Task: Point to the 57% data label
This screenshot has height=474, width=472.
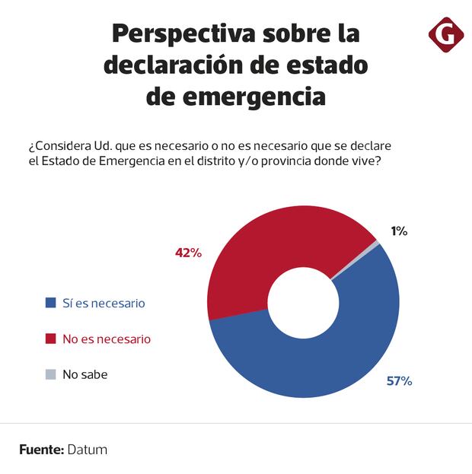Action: (399, 381)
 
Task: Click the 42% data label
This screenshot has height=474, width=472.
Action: (188, 253)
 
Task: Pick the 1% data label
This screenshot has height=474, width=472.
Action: (399, 231)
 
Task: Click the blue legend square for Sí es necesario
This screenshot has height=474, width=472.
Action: (51, 303)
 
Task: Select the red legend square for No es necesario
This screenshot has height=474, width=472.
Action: (51, 339)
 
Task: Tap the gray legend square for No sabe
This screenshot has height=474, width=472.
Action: (51, 374)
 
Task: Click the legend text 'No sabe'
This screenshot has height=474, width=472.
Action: (85, 374)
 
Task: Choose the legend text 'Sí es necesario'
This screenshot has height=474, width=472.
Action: (104, 303)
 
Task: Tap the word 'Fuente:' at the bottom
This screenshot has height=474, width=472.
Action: (41, 450)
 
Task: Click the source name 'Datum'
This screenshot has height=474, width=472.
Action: (88, 450)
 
